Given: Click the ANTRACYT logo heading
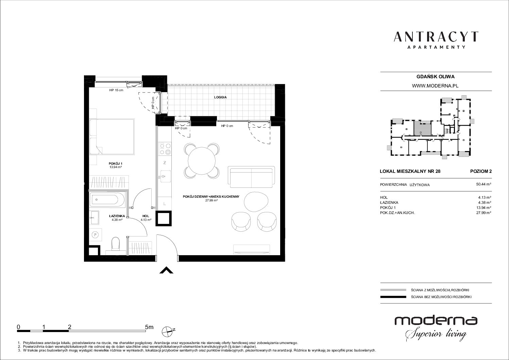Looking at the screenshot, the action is coord(436,37).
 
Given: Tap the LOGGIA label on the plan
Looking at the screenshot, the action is coord(220,97).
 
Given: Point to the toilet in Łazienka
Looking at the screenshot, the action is coord(116,244).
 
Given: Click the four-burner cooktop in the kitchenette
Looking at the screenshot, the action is coord(165,148).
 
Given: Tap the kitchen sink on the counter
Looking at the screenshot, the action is coord(165,176).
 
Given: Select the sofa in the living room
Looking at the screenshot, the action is coord(251,177).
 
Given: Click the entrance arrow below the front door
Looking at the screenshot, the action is coord(166,270).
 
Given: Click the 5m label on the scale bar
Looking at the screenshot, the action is coord(149,327).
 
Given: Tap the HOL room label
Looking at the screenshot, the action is coord(146,216).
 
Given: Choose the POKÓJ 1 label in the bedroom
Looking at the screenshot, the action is coord(115,164).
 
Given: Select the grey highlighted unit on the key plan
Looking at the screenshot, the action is coord(422,128).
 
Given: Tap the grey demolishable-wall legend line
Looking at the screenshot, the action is coord(393,290).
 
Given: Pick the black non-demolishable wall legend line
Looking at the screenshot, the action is coord(393,297).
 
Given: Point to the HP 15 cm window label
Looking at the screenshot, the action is coord(116,90).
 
